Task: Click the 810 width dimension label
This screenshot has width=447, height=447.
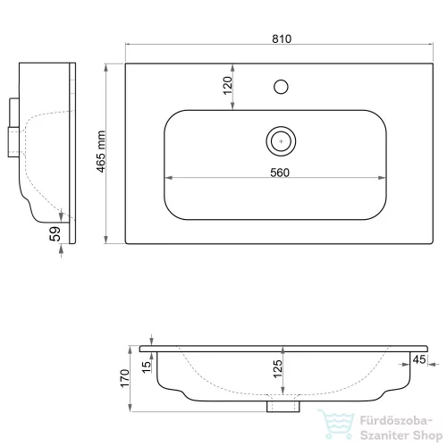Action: point(282,38)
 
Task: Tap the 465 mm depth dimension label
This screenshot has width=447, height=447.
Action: point(101,152)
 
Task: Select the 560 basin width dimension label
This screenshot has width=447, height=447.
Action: point(280,173)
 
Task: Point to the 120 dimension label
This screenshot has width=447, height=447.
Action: point(228,86)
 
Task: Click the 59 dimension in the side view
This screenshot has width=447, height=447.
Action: point(55,234)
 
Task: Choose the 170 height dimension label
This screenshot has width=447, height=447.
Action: point(125,378)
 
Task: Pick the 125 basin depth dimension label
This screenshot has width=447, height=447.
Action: point(277,369)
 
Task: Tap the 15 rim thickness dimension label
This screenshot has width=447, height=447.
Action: point(147,367)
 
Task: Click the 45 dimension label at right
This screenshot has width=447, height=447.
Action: point(419,359)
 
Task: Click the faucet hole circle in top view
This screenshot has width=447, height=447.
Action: point(281,87)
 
